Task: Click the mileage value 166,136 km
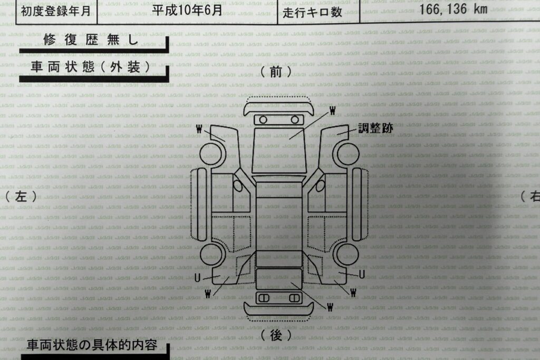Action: (x=453, y=9)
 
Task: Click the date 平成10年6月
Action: (x=187, y=9)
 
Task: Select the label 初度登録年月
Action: (x=56, y=11)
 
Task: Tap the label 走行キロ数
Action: (x=312, y=12)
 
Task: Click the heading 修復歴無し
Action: (x=91, y=40)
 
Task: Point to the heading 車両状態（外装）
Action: (x=91, y=67)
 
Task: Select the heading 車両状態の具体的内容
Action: (x=92, y=345)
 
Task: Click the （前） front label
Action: (x=276, y=72)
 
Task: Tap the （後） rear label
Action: (x=276, y=335)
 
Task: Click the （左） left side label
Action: (x=21, y=196)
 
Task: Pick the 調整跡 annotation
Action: (x=375, y=128)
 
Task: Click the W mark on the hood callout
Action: (x=332, y=111)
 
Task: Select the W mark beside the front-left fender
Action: (x=199, y=129)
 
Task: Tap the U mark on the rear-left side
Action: (x=197, y=277)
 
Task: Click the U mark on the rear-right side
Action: (x=362, y=274)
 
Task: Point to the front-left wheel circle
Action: (x=212, y=153)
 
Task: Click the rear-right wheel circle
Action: (x=348, y=255)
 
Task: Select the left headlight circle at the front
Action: (x=263, y=120)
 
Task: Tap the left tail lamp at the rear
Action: (x=264, y=298)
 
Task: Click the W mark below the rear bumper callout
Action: (x=330, y=307)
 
